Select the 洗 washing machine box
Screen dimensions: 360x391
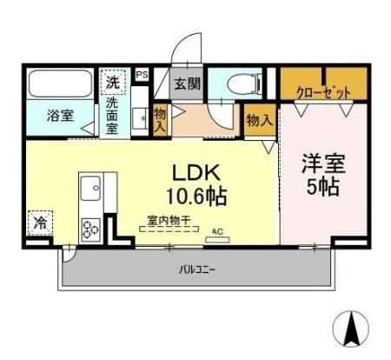113,82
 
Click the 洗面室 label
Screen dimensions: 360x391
113,115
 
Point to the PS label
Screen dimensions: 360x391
142,76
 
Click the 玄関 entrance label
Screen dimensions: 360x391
185,84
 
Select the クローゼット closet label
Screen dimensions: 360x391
324,90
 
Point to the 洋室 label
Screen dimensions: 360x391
322,162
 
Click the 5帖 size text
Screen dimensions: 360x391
322,188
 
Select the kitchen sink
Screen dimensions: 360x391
91,188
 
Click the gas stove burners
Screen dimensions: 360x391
91,228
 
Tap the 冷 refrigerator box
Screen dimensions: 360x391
40,223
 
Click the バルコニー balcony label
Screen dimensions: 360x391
198,270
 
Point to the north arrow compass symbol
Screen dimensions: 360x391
353,328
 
